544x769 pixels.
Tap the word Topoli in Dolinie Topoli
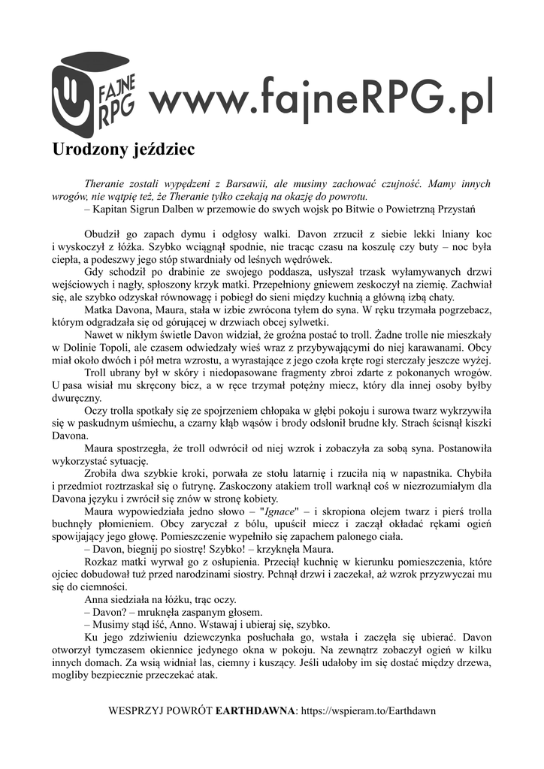[114, 348]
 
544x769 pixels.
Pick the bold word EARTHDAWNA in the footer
[256, 710]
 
